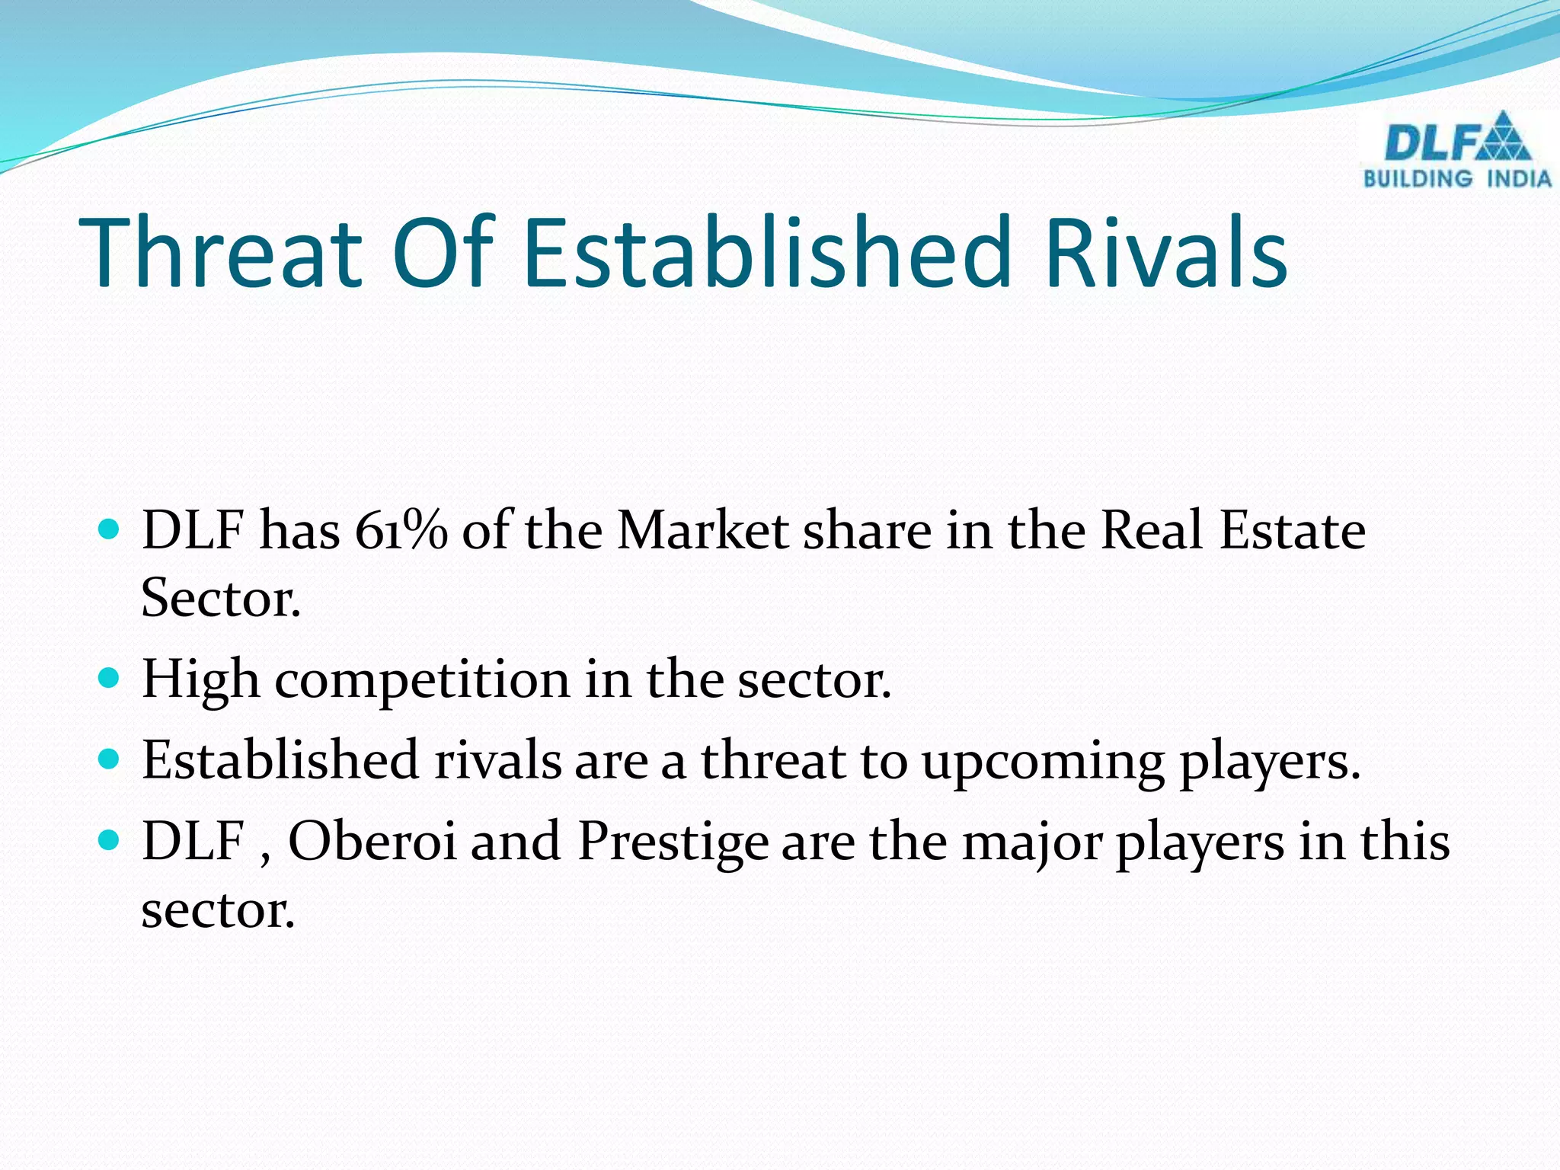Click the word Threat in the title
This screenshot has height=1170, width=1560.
[221, 253]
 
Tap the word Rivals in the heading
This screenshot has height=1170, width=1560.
[1166, 253]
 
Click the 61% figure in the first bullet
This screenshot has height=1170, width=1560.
[401, 530]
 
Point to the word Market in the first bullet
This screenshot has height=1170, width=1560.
[702, 530]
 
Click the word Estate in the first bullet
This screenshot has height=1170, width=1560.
[1292, 530]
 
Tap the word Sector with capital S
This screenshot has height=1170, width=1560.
[221, 599]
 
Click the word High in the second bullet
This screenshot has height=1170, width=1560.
[200, 679]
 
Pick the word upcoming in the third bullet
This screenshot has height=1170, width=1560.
[1043, 762]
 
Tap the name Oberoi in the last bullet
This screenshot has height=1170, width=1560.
[372, 842]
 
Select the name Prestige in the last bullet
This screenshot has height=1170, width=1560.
[673, 843]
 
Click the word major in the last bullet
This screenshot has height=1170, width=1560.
[1031, 843]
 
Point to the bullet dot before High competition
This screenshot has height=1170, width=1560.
[110, 677]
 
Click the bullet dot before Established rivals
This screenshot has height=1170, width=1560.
[110, 759]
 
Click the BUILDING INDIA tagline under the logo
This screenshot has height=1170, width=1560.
[1457, 179]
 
